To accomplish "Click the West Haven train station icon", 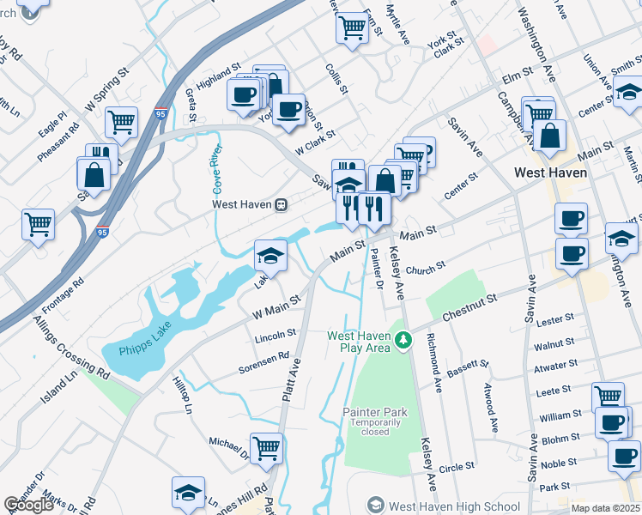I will [281, 205].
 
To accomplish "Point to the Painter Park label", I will [375, 413].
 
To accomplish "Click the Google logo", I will [28, 505].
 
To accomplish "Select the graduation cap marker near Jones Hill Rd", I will [188, 492].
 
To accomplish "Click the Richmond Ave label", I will [436, 361].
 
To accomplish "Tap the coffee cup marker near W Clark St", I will [288, 109].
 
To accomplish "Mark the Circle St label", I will [457, 467].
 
